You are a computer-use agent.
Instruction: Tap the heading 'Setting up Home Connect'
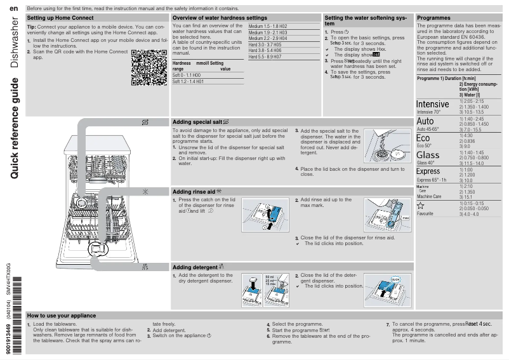point(60,18)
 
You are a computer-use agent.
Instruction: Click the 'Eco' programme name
point(423,138)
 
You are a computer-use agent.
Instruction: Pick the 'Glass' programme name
point(428,155)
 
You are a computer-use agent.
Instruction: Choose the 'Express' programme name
point(428,171)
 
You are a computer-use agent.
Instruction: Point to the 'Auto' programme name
point(425,121)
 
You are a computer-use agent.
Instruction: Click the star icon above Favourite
point(420,206)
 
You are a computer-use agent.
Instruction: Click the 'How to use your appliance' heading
point(62,316)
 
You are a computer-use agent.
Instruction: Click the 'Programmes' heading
point(433,18)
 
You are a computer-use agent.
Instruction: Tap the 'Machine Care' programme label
point(429,197)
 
